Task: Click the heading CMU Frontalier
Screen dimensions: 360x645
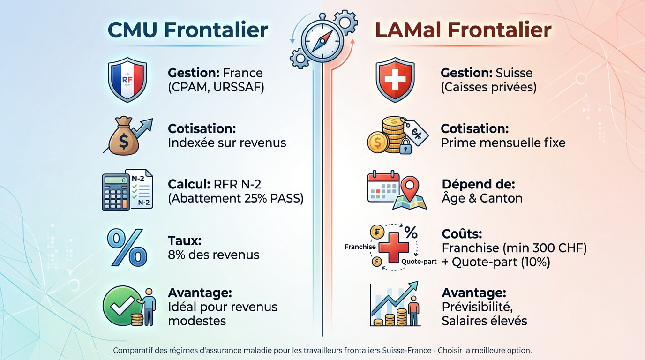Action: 187,30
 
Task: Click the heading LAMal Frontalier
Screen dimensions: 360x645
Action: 463,30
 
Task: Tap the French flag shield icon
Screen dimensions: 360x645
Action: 127,80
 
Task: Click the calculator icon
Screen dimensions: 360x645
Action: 116,192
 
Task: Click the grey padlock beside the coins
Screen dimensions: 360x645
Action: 405,148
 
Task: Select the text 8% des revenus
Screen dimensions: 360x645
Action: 213,255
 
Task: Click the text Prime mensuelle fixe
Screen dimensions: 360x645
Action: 503,142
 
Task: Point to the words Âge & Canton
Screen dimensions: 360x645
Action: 482,198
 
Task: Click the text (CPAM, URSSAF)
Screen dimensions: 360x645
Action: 216,87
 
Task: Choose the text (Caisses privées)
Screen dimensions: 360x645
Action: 488,87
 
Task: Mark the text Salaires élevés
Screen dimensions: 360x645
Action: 484,321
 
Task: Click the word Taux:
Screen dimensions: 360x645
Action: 185,241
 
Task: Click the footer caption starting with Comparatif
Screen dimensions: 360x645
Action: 322,350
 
